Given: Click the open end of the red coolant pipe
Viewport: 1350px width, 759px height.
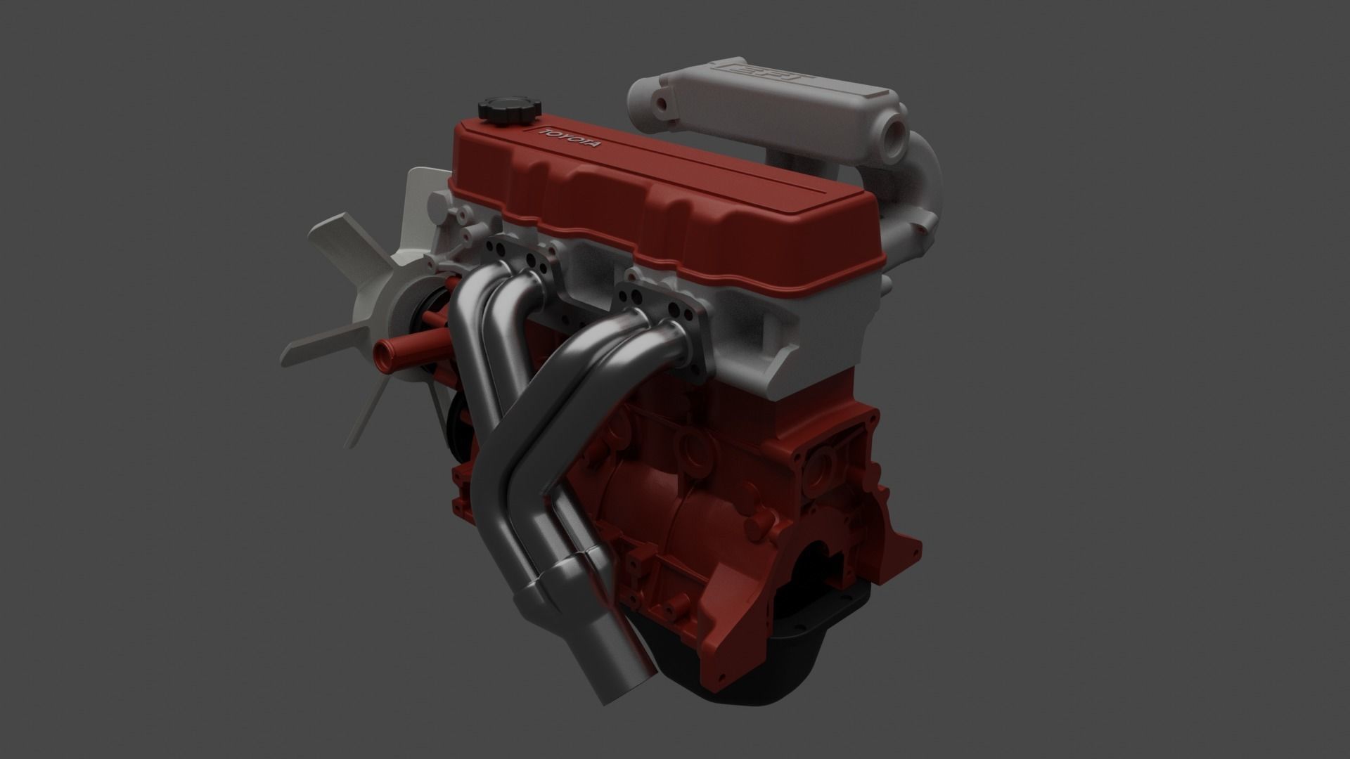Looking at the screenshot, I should [385, 349].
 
